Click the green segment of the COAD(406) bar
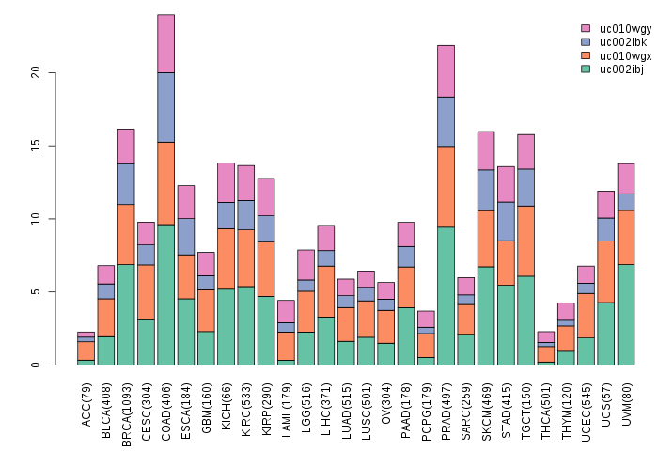pos(165,294)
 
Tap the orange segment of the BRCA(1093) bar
pos(126,234)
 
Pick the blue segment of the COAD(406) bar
pos(165,107)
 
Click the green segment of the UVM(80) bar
pos(626,314)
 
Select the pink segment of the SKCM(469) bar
pos(486,150)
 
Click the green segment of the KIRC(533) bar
pos(245,325)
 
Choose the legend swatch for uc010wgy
pos(586,29)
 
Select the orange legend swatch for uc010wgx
pos(586,55)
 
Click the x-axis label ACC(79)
pos(86,405)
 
